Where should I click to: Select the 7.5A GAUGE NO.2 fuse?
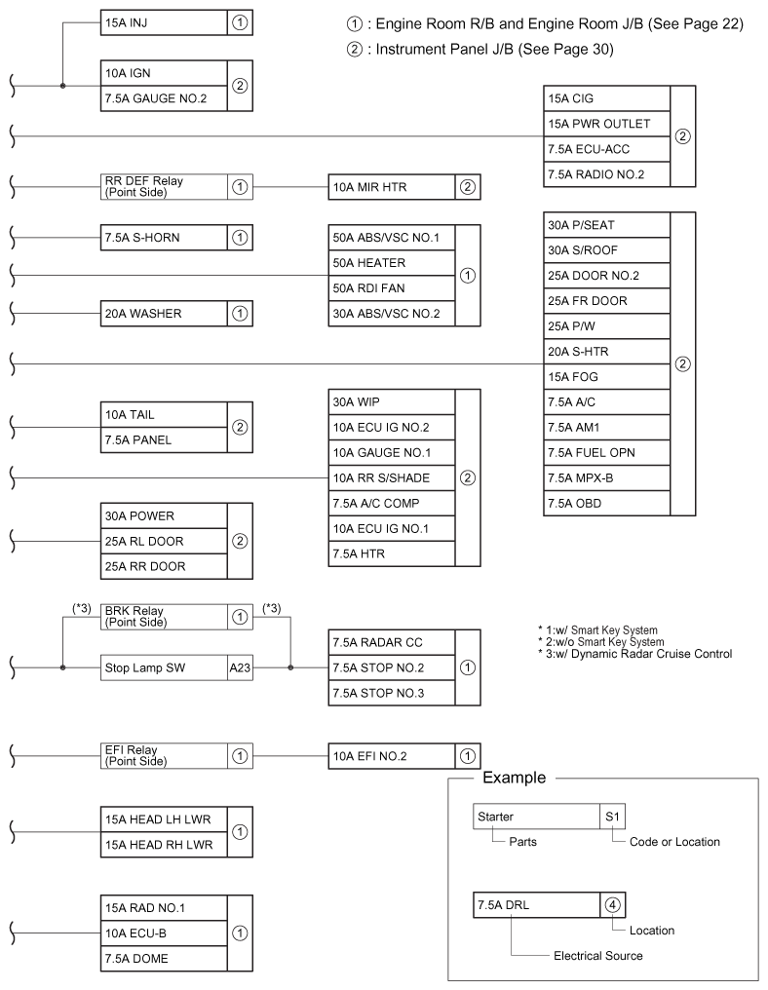[163, 97]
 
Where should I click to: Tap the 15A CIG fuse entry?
[607, 98]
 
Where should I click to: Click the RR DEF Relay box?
[163, 184]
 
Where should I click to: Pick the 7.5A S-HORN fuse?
[163, 237]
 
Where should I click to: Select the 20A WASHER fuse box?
[163, 313]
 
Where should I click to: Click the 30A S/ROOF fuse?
[607, 250]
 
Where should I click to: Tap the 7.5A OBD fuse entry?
[607, 503]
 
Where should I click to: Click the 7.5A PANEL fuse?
[163, 439]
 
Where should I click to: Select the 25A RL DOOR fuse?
[163, 541]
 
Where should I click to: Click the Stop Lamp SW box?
[163, 668]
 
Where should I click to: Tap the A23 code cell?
[240, 668]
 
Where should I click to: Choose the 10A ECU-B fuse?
[163, 933]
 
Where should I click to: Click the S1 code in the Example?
[612, 816]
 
